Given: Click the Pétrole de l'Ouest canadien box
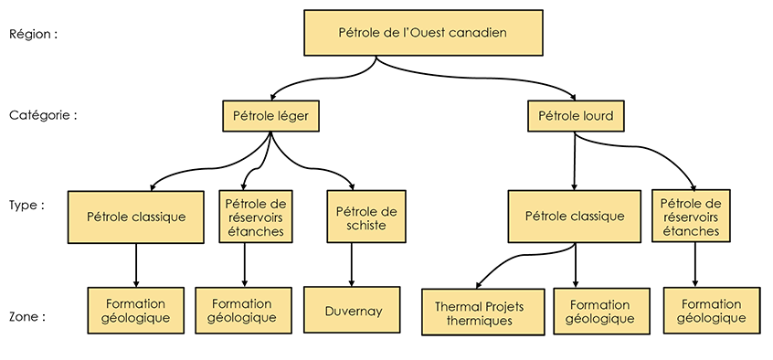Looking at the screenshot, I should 423,33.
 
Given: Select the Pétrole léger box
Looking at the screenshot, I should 270,116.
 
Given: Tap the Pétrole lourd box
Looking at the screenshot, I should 576,116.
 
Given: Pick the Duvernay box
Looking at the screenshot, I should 353,312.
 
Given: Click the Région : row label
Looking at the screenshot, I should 34,34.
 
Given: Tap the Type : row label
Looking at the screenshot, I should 26,205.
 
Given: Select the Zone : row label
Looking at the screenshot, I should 27,317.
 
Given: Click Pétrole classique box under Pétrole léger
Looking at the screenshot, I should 136,217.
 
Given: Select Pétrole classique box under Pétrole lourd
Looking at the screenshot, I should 575,217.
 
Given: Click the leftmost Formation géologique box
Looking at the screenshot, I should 136,310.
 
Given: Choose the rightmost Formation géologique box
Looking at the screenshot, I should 711,311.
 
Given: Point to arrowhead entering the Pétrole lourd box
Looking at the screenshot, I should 575,97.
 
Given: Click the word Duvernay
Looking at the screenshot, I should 353,312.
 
